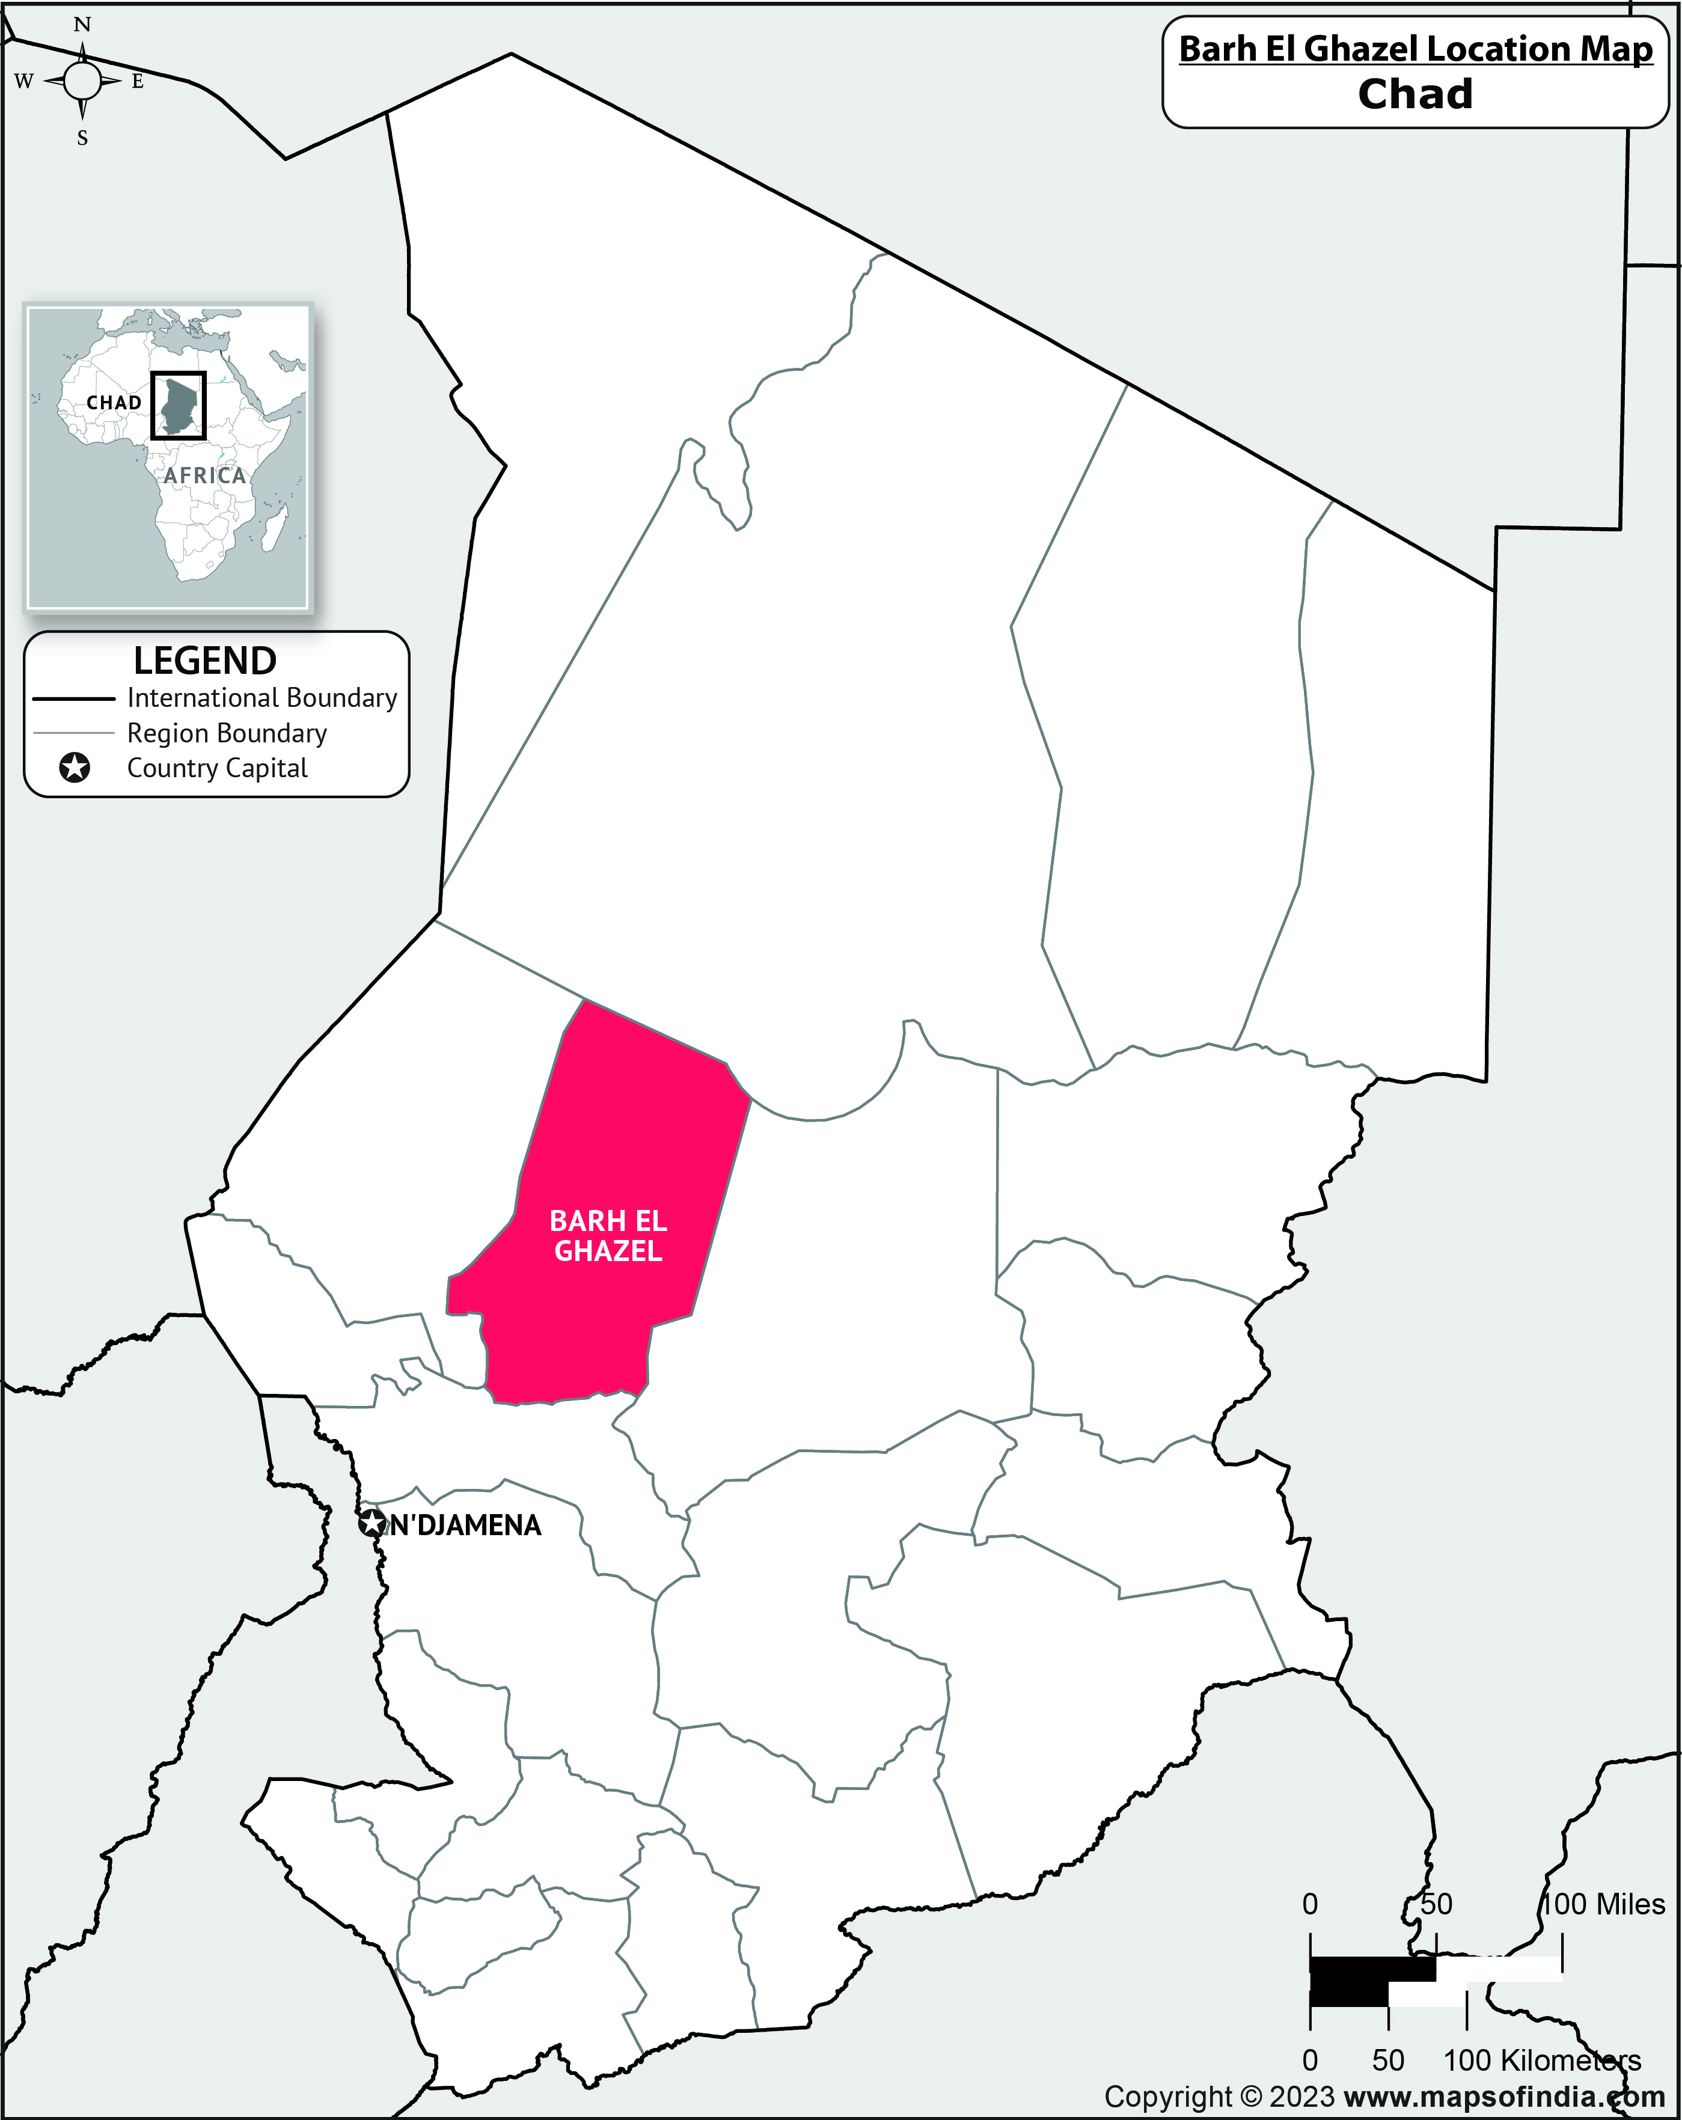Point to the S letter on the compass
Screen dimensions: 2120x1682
pyautogui.click(x=82, y=139)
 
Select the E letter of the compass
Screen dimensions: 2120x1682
pyautogui.click(x=138, y=82)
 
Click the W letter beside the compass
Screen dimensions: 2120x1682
pyautogui.click(x=23, y=82)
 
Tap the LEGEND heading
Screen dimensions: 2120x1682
pyautogui.click(x=204, y=661)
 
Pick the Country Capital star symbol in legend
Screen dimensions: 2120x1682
pyautogui.click(x=75, y=768)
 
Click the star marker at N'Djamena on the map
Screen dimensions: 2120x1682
pyautogui.click(x=372, y=1525)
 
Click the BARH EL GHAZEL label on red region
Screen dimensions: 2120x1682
pyautogui.click(x=608, y=1236)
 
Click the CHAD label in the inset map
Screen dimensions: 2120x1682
pyautogui.click(x=114, y=403)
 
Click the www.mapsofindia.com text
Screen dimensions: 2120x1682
pyautogui.click(x=1504, y=2097)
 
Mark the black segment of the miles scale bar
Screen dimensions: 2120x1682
pyautogui.click(x=1372, y=1970)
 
